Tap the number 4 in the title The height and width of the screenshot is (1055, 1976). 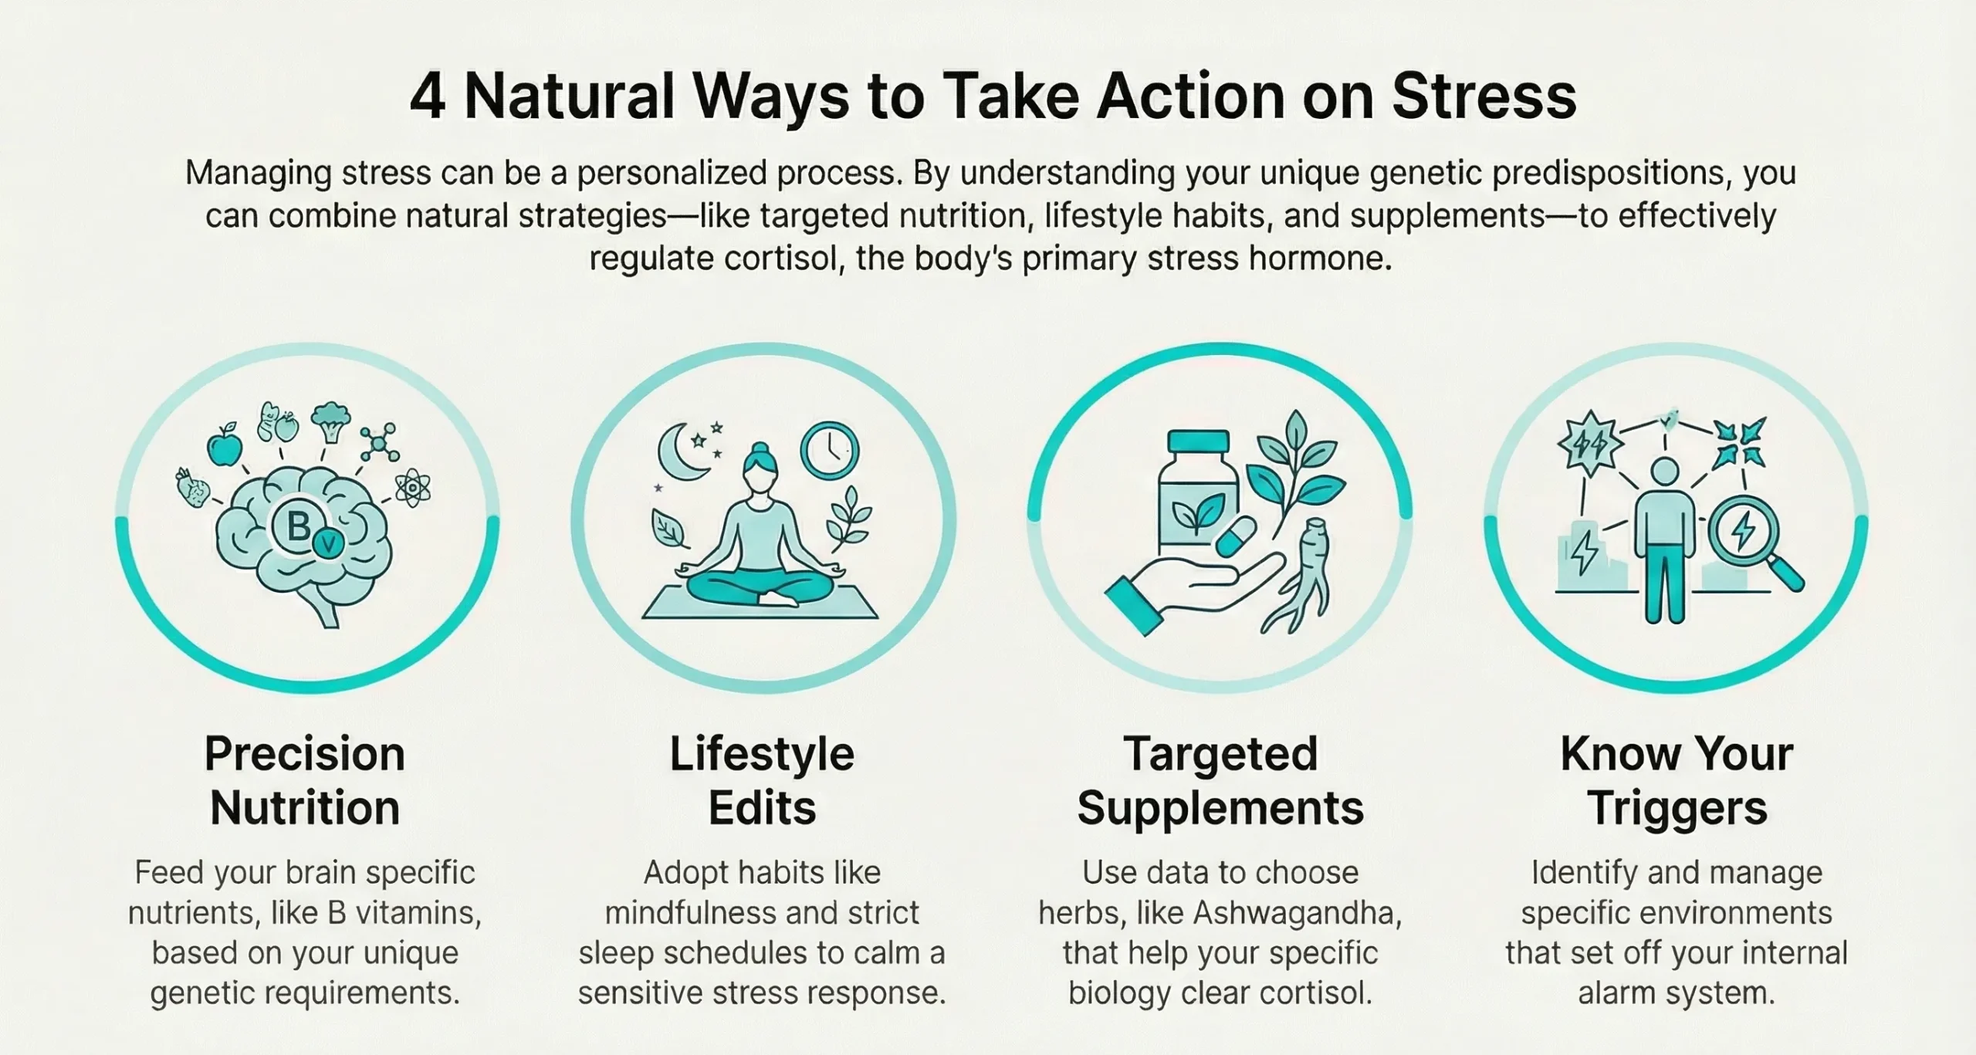(427, 98)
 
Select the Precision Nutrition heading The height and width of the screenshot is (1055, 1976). (305, 780)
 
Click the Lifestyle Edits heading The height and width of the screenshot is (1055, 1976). (762, 780)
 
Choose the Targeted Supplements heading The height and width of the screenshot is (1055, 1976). (1220, 780)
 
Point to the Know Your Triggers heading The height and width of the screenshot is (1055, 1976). (1677, 780)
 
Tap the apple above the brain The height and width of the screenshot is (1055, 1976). (225, 446)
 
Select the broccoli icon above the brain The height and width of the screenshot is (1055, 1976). (330, 421)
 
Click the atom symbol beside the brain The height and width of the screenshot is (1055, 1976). (412, 489)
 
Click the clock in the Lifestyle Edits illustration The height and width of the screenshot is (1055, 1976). (830, 451)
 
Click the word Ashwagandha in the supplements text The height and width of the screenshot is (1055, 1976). (1296, 913)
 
